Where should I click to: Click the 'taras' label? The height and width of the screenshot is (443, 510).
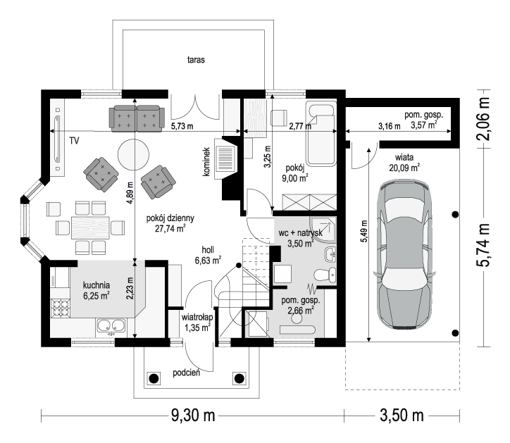pos(196,60)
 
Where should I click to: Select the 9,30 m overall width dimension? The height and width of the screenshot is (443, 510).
pos(193,416)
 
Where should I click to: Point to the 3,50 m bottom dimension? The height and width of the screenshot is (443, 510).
pos(402,416)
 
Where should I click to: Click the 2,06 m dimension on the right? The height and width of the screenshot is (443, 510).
pos(483,118)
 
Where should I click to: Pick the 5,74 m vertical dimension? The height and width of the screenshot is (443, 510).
pos(483,245)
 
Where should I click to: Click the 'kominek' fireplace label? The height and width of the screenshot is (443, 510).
pos(206,162)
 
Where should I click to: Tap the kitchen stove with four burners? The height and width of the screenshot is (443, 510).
pos(61,308)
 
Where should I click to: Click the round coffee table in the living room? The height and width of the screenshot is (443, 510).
pos(133,154)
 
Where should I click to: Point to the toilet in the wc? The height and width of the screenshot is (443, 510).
pos(325,275)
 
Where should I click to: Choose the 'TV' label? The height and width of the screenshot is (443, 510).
pos(74,141)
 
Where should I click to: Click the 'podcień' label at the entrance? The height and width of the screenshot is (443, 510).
pos(187,373)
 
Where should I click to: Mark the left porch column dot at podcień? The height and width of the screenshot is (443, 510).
pos(154,378)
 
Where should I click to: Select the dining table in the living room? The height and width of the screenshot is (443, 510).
pos(90,227)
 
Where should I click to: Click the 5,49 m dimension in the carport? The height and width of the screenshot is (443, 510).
pos(364,231)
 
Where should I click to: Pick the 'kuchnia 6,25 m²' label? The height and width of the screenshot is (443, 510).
pos(97,290)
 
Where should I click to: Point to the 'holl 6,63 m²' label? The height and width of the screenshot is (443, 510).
pos(208,255)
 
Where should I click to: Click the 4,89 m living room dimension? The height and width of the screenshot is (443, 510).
pos(130,193)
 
